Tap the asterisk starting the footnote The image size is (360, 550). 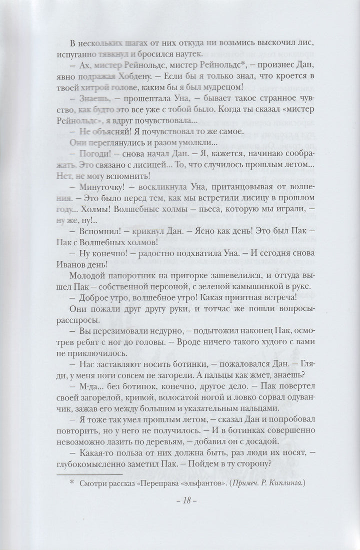pos(71,484)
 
